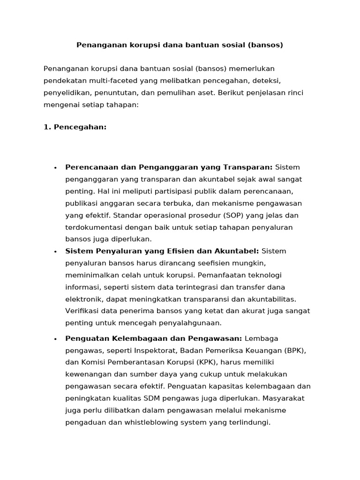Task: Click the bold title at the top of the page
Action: point(180,45)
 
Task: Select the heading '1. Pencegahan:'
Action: point(75,127)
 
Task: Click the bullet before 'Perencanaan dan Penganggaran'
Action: point(55,168)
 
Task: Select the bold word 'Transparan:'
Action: point(249,167)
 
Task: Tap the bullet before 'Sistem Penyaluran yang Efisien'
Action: point(55,252)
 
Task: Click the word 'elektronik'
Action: point(83,299)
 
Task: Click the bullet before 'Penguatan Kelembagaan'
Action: point(55,339)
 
